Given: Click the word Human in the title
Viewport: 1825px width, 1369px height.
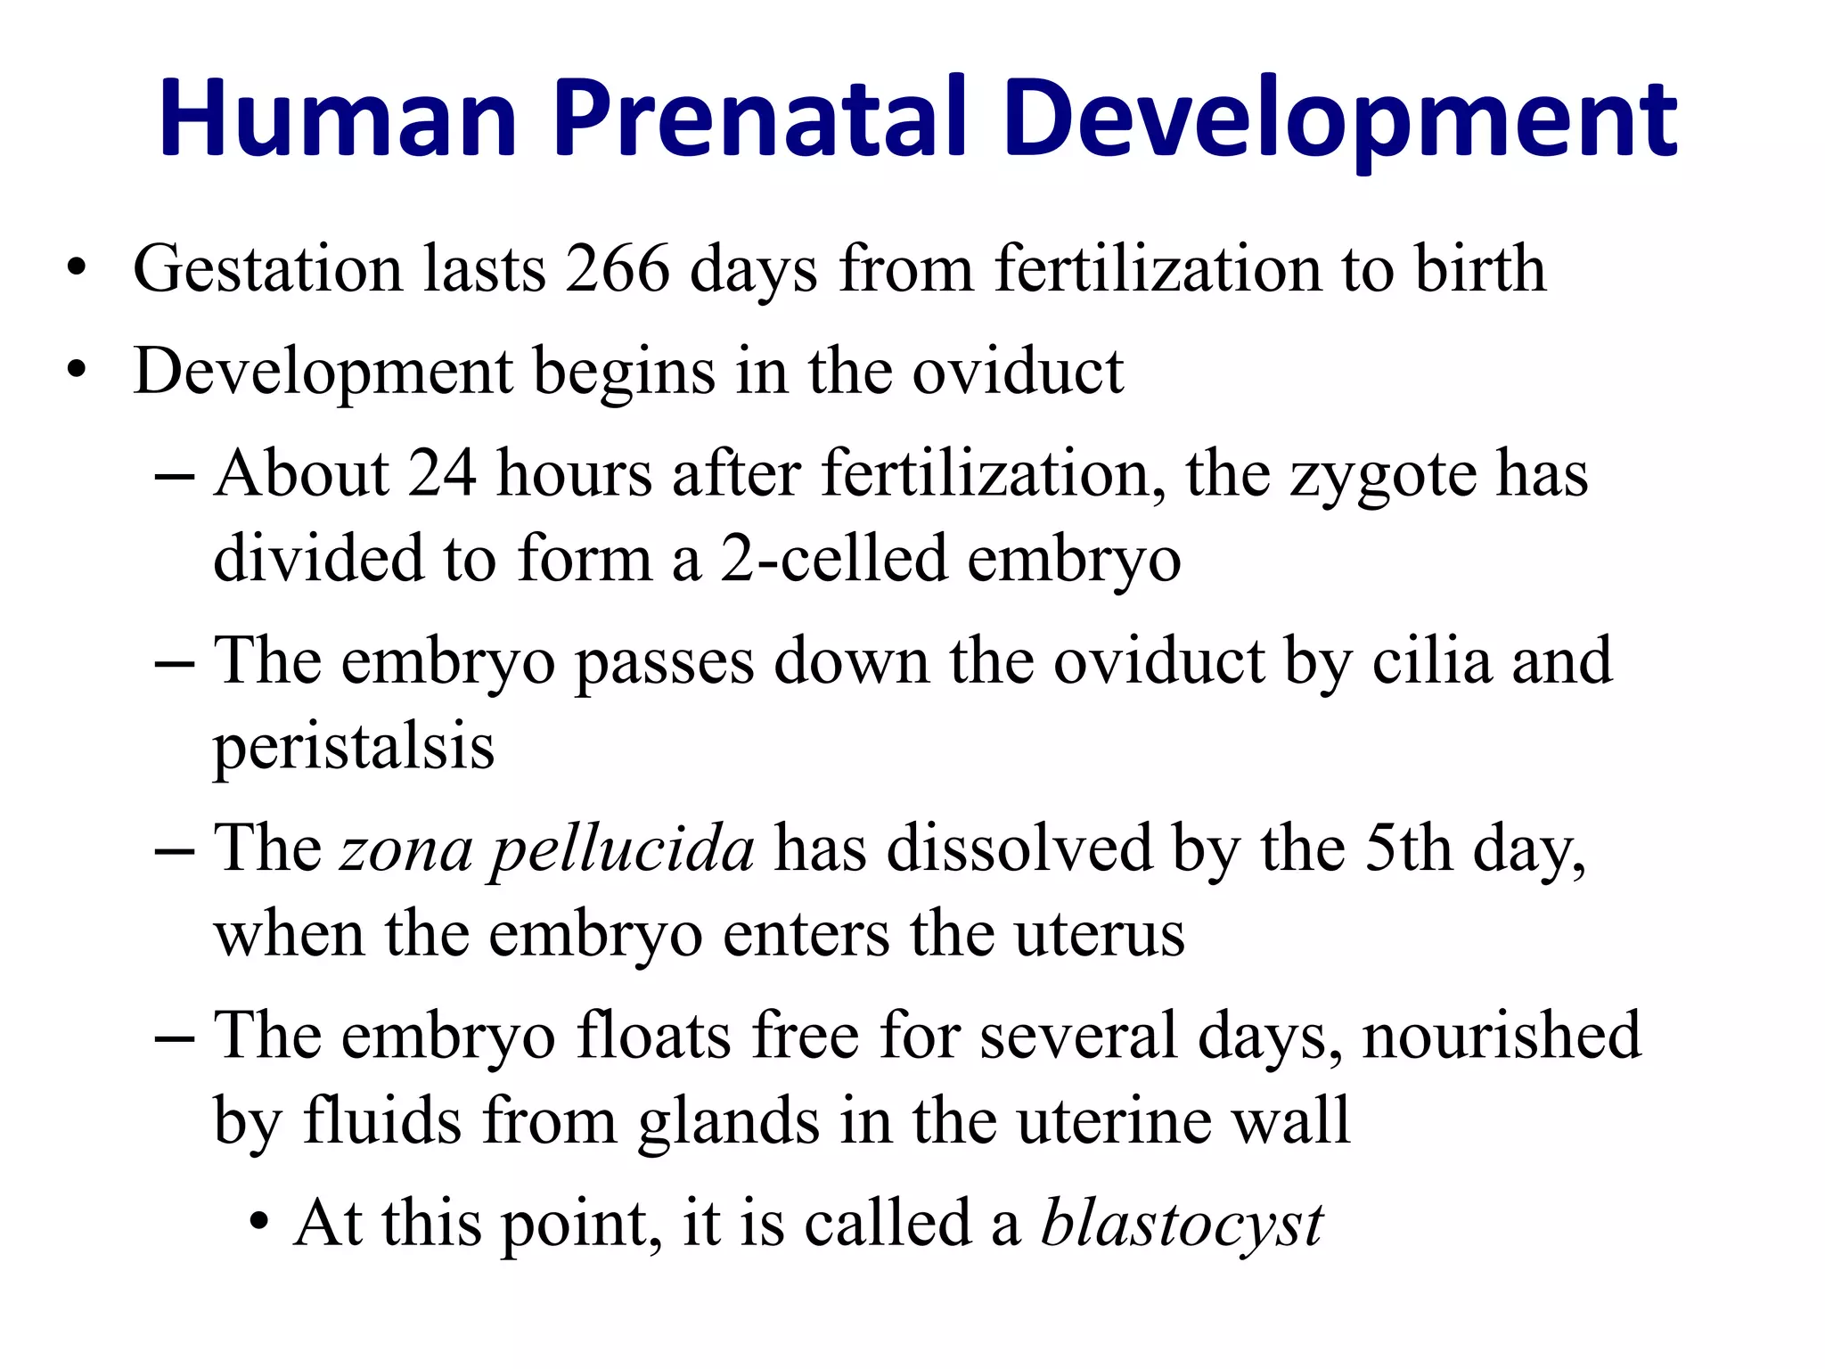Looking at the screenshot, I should tap(339, 119).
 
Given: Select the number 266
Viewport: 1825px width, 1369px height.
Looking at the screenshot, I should tap(617, 268).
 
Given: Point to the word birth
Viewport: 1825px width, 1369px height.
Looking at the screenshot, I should tap(1480, 268).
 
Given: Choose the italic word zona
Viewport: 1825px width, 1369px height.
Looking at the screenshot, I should tap(406, 849).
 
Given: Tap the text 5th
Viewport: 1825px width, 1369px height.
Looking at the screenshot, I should tap(1409, 848).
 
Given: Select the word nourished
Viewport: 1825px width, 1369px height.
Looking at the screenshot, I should tap(1502, 1035).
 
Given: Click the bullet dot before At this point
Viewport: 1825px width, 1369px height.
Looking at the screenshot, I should tap(258, 1223).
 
